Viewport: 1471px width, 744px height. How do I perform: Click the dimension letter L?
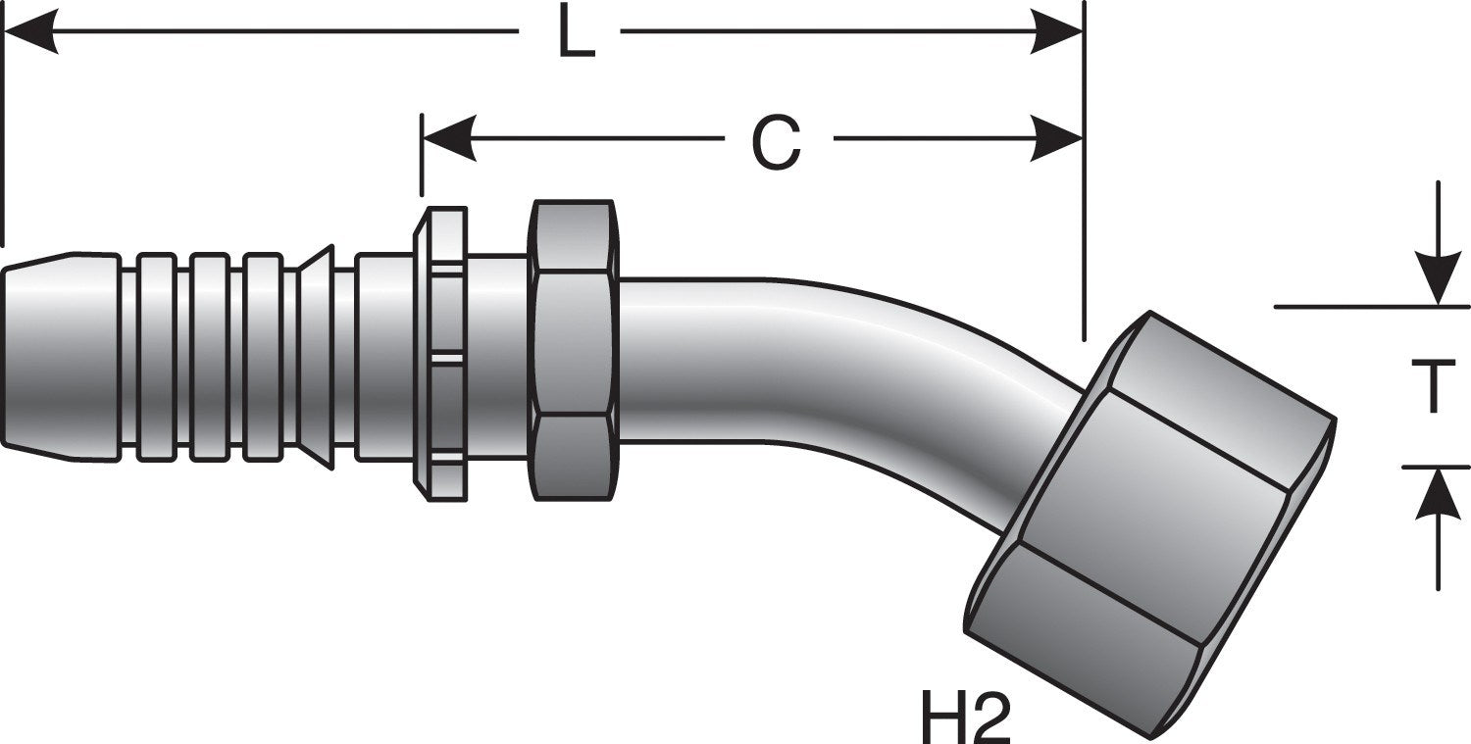576,32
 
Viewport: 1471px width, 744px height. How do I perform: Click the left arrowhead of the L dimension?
30,30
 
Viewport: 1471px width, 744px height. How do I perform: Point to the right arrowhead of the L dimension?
1054,30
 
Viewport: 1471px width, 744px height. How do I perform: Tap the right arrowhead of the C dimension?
1054,138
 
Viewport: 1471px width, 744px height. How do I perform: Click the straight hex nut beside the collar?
574,350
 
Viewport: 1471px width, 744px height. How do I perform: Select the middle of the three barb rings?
210,357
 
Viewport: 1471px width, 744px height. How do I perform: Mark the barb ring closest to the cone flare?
263,357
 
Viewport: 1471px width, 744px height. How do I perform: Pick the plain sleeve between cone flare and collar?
384,357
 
